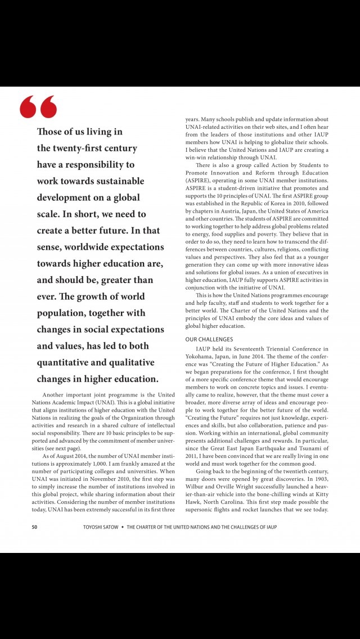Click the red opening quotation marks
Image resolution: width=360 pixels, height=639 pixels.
point(38,106)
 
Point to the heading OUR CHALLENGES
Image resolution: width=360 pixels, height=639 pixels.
point(209,339)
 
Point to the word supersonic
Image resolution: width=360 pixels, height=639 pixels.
point(204,510)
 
